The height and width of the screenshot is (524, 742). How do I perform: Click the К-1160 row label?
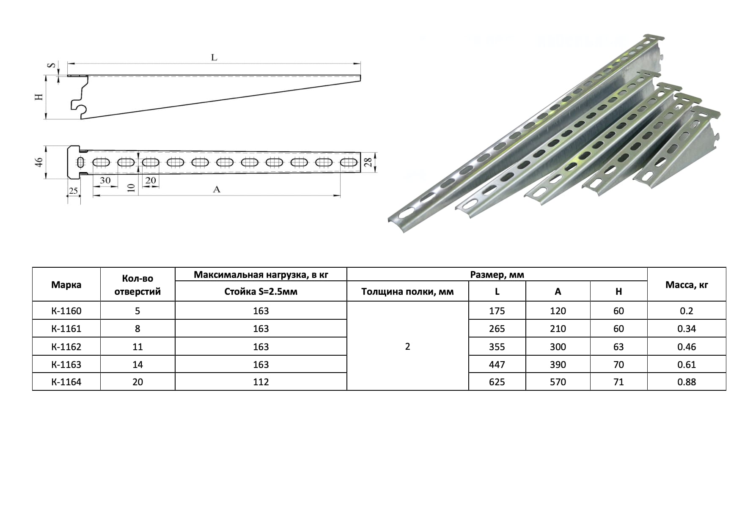pos(66,311)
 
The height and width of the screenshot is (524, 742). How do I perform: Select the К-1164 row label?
pos(66,382)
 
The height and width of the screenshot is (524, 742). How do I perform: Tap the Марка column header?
pos(66,285)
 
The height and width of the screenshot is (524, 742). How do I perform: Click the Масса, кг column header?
pos(687,285)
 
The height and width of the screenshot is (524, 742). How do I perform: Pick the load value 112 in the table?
pos(261,382)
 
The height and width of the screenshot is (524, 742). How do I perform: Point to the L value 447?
pos(497,365)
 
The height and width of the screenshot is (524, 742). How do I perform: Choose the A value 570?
pos(558,382)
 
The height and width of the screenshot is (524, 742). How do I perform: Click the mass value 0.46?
pos(687,347)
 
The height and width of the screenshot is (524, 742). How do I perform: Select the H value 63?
pos(618,347)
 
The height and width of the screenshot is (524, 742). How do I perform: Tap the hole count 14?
pos(137,365)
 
